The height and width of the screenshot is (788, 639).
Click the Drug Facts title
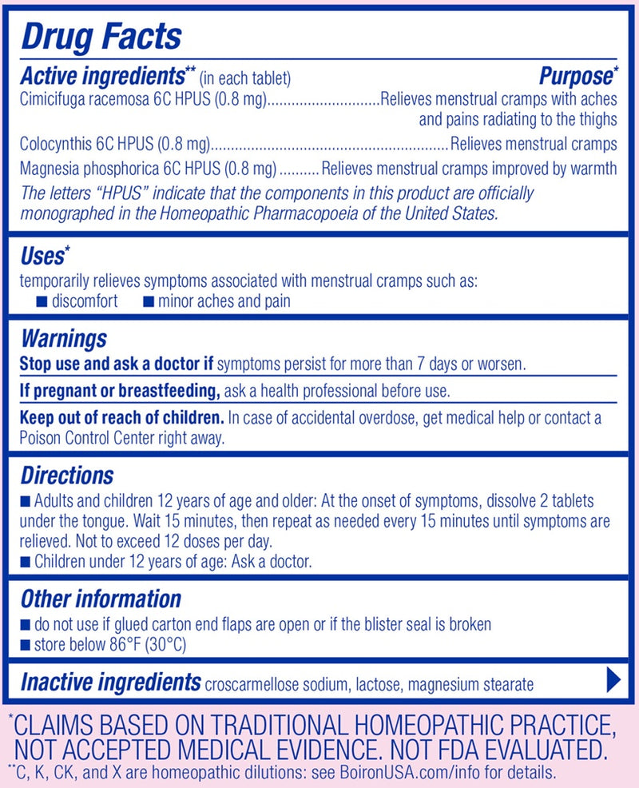coord(101,36)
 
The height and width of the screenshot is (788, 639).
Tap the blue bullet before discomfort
coord(42,301)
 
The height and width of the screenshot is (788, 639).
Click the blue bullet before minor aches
coord(149,301)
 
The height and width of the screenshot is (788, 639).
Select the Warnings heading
coord(63,339)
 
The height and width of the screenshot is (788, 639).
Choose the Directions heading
coord(67,476)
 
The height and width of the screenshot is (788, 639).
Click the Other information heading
coord(101,599)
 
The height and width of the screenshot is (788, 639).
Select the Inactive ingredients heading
coord(110,683)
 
